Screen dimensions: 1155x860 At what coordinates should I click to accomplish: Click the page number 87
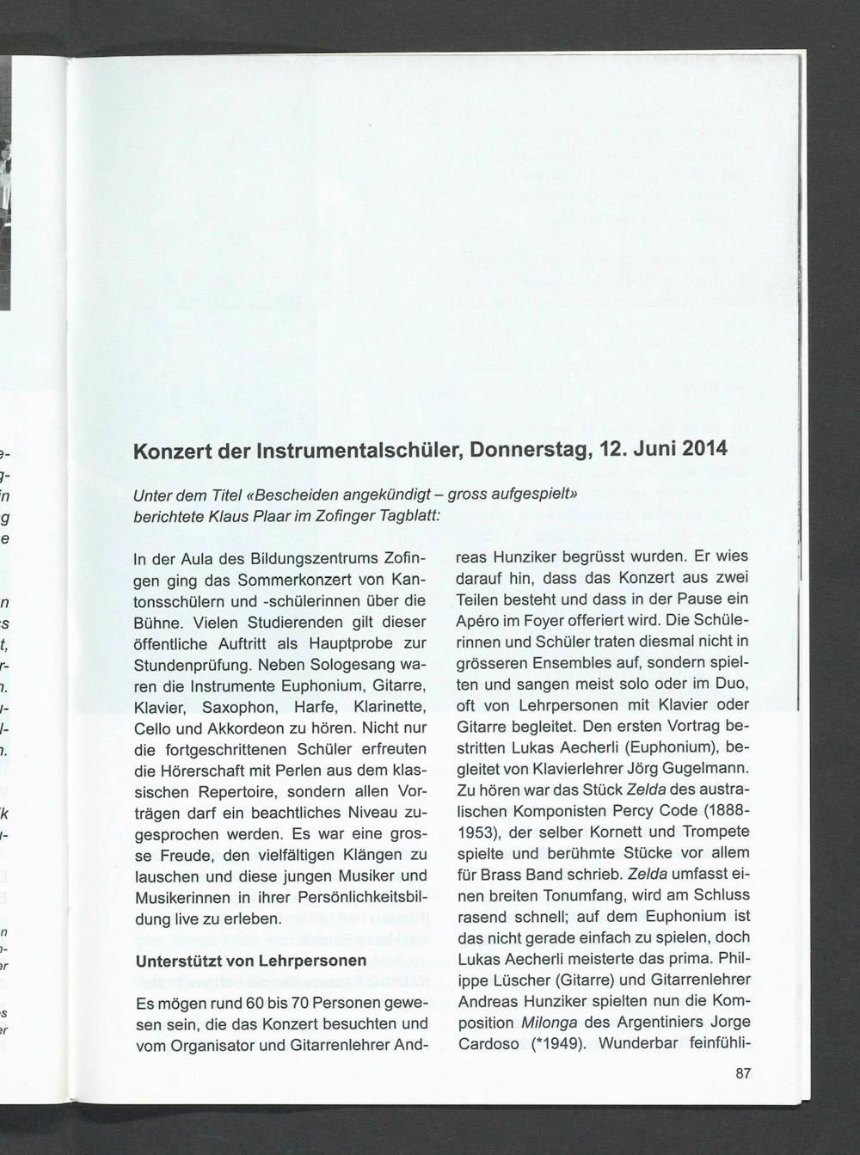[x=744, y=1073]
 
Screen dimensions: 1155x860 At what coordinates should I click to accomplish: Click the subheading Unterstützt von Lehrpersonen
[x=251, y=961]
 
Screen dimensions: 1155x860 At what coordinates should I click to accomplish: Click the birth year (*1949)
[x=559, y=1044]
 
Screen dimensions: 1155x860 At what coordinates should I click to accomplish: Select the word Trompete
[x=715, y=832]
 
